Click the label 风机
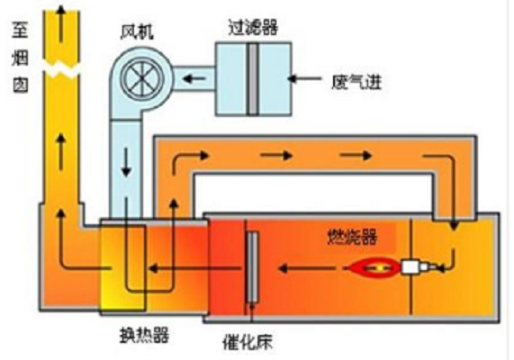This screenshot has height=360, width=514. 137,32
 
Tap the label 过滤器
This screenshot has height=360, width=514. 253,27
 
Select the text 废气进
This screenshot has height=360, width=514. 356,82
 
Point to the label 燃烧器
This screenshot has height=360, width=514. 352,237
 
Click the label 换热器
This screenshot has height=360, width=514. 144,335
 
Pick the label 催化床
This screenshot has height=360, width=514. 248,342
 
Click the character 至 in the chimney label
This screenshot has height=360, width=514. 21,30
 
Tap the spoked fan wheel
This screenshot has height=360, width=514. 141,79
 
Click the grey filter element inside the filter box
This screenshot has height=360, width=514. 252,79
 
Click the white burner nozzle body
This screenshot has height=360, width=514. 410,267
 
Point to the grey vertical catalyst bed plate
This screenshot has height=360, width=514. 252,267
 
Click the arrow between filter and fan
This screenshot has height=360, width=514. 194,79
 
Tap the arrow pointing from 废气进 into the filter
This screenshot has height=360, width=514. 304,78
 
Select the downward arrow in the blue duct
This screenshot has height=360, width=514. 126,162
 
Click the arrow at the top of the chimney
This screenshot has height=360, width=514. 60,23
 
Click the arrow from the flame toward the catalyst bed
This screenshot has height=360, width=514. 308,268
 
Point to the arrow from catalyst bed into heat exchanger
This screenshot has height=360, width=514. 194,268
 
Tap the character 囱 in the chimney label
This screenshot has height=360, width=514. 21,85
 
